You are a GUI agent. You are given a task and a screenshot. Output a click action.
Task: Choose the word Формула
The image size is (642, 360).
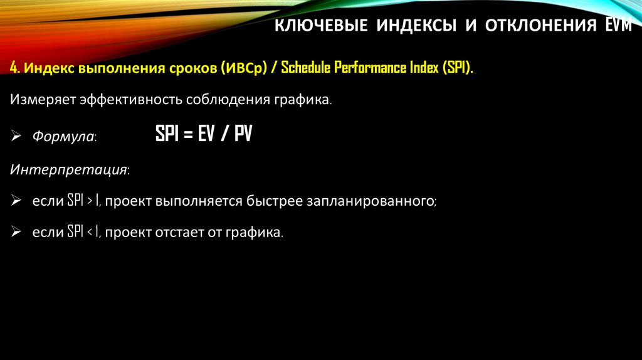coord(63,136)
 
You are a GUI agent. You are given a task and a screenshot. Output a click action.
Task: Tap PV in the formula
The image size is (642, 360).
coord(243,134)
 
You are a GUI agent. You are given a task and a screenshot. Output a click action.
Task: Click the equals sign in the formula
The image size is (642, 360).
coord(186,135)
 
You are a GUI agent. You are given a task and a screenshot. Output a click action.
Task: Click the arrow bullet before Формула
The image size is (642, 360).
coord(15,136)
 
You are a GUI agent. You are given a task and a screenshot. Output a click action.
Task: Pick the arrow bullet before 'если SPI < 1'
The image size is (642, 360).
coord(15,232)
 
